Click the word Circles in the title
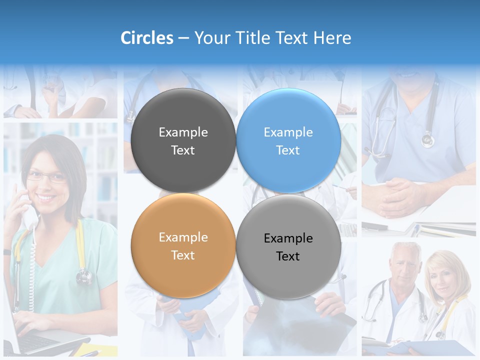point(147,38)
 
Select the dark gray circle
point(183,140)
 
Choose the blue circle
point(288,140)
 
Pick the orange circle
point(183,245)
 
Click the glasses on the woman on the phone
point(46,176)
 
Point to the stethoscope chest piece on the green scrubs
point(84,275)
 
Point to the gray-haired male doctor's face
point(404,264)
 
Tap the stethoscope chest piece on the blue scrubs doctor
point(427,139)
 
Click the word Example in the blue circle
point(288,132)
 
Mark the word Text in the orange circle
point(183,255)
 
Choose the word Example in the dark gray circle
point(183,132)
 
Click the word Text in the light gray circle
point(288,256)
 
